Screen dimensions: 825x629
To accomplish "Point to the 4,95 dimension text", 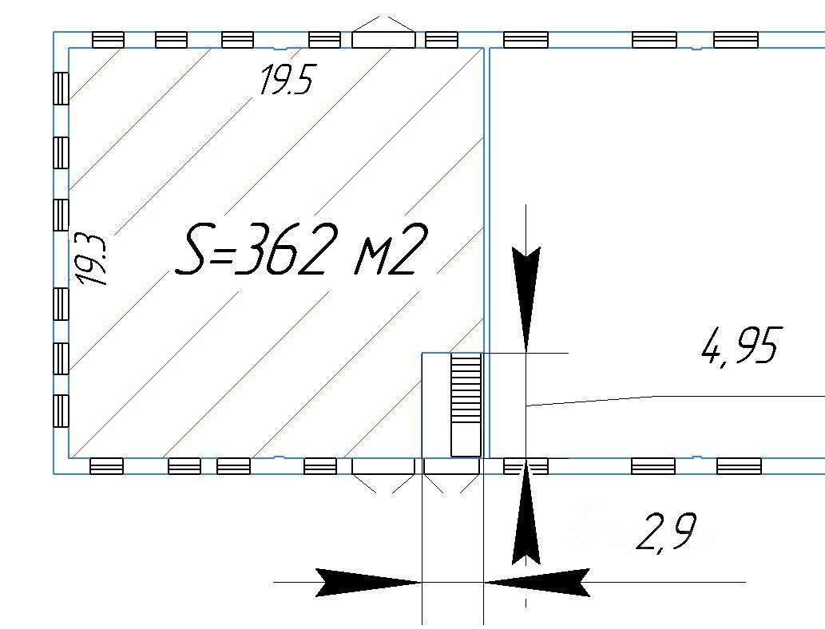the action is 739,346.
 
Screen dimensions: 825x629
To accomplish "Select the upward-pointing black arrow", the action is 526,515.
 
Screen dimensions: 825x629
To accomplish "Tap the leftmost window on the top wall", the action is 108,39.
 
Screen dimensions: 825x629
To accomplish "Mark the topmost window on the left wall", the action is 61,88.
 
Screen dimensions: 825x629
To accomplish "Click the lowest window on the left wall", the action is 61,411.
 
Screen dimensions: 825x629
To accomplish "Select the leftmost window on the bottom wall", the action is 106,466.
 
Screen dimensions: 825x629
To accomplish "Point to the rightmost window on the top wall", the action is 736,39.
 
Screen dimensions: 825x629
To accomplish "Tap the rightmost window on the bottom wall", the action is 739,466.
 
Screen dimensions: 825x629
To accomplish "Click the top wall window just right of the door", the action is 442,39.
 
